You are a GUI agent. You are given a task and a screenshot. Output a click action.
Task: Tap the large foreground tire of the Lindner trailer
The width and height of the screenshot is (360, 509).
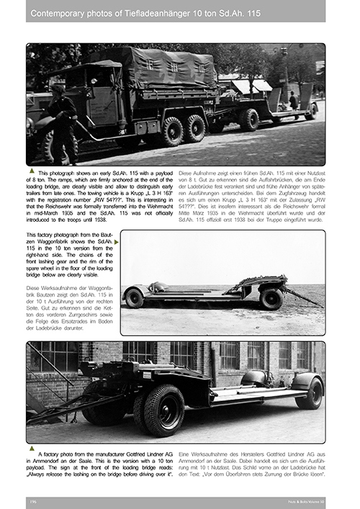[x=164, y=408]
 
